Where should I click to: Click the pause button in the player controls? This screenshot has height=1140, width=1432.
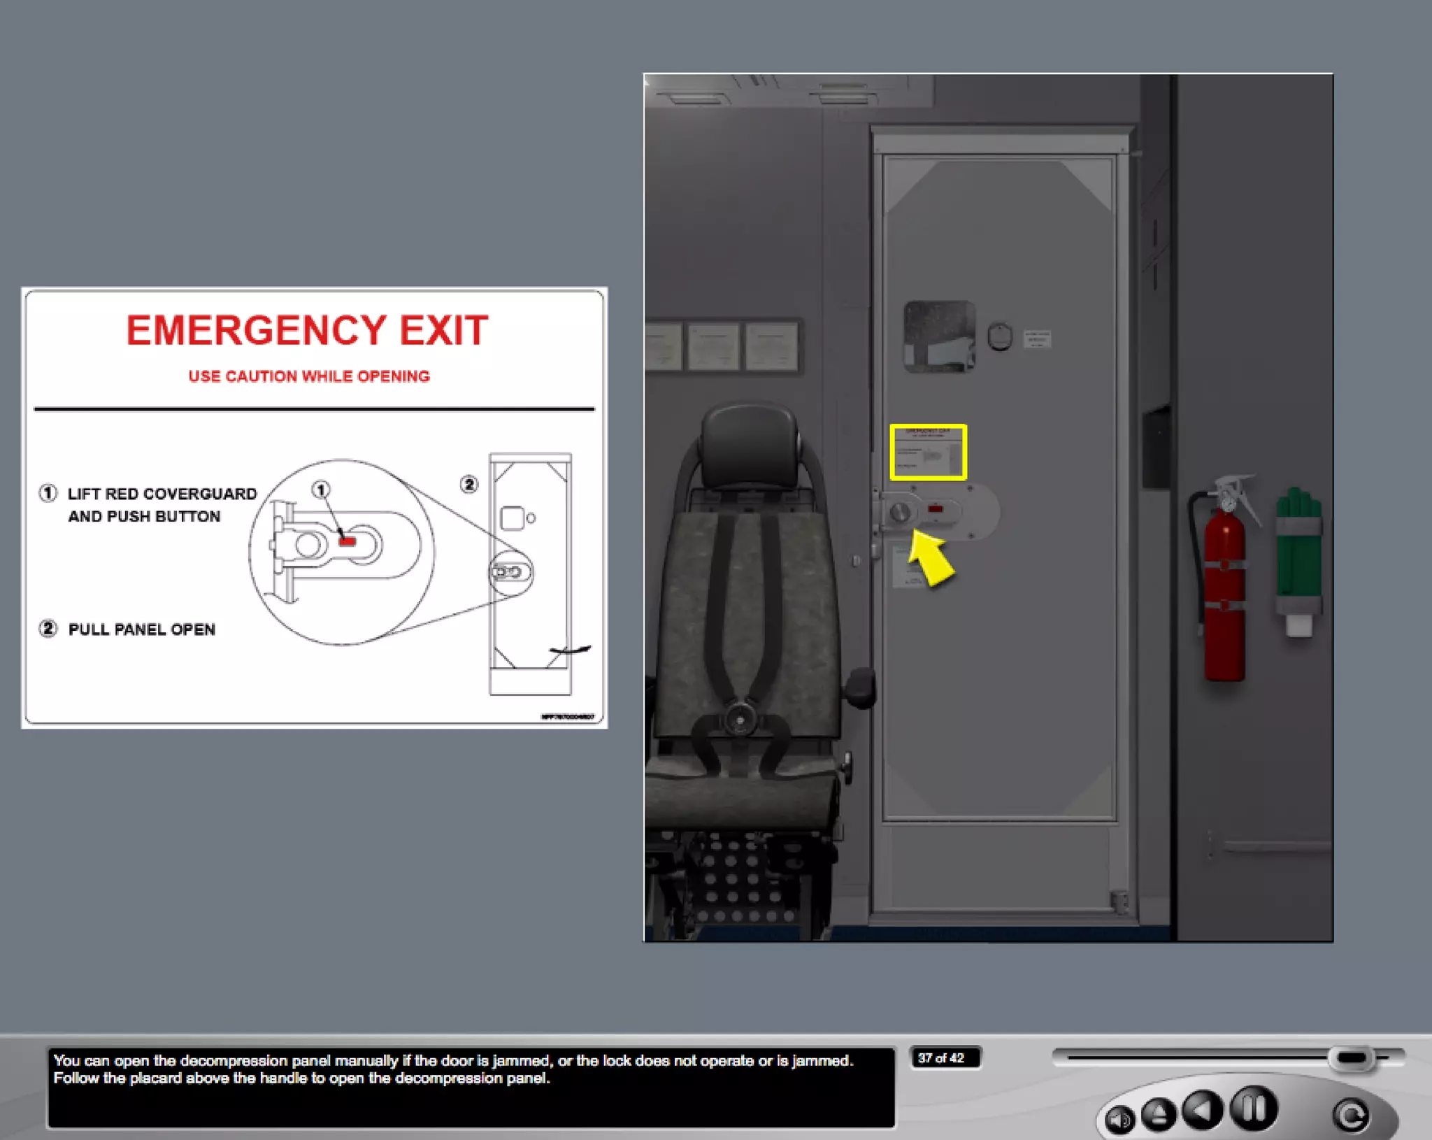[x=1253, y=1109]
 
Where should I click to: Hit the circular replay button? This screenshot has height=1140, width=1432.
[x=1351, y=1116]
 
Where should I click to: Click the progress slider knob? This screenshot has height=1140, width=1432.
[x=1352, y=1057]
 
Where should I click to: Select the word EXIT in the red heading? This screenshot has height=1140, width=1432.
[x=443, y=331]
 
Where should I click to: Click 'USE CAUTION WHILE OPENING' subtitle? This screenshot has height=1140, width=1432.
[x=309, y=376]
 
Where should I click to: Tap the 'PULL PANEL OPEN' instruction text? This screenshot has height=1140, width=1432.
[x=141, y=629]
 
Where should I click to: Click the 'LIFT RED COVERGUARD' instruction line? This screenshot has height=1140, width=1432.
[x=162, y=494]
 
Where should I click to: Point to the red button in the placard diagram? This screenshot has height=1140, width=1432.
[x=348, y=541]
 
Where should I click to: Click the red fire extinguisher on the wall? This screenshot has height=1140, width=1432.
[x=1224, y=594]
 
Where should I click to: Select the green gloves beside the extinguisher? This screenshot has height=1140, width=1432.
[x=1298, y=553]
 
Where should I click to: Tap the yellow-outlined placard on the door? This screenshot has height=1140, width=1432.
[x=928, y=453]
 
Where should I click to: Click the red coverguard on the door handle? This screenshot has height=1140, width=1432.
[x=935, y=509]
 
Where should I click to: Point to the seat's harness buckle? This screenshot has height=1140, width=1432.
[x=738, y=718]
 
